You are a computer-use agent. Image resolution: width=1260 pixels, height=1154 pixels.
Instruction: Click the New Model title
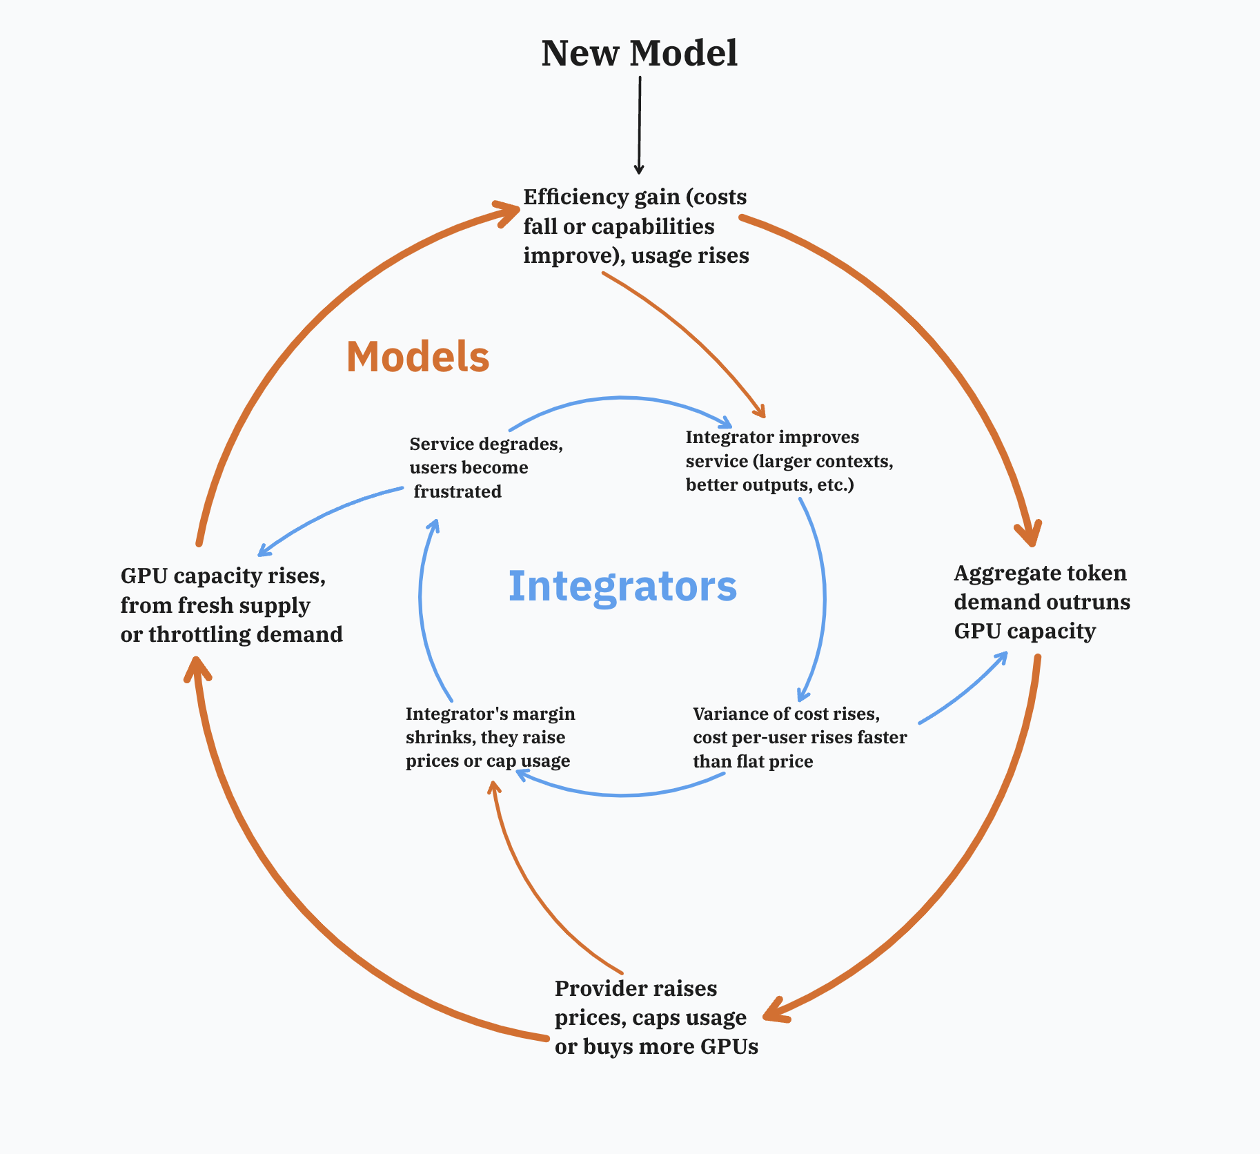[x=639, y=53]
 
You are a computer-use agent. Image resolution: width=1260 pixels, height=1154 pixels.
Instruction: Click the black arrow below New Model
[x=639, y=124]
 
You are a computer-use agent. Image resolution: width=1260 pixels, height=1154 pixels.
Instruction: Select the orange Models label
[x=417, y=357]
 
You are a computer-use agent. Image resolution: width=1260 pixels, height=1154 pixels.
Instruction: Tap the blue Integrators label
[x=622, y=586]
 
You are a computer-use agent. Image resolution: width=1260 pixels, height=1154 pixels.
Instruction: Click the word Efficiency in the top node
[x=566, y=197]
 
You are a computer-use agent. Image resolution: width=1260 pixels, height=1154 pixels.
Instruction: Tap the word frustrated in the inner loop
[x=457, y=491]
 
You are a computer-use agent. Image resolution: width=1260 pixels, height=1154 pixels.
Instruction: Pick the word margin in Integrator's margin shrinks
[x=545, y=714]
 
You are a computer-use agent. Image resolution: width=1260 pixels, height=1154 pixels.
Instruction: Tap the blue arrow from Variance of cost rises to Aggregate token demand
[x=966, y=690]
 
